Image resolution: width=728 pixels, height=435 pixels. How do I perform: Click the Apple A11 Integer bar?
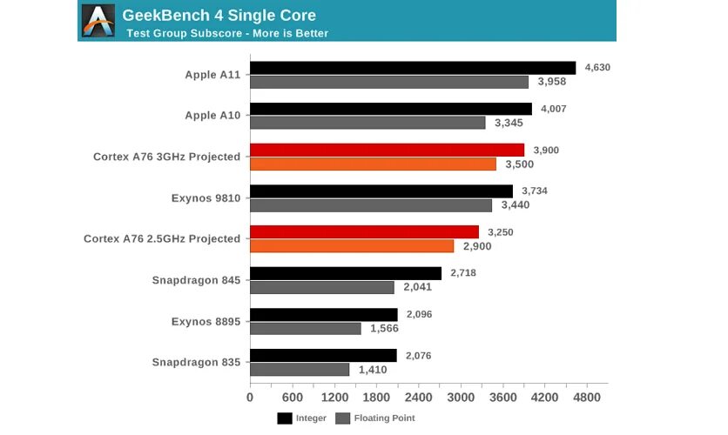coord(413,68)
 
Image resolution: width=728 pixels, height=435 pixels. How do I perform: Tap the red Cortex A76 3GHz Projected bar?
coord(388,150)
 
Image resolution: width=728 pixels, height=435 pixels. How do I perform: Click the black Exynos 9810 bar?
coord(381,191)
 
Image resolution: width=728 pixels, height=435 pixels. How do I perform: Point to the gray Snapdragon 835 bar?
coord(300,370)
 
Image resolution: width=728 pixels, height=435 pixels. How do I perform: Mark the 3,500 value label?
coord(521,164)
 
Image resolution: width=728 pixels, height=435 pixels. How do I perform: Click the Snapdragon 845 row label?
coord(196,280)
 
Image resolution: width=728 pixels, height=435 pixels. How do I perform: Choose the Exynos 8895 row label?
coord(206,321)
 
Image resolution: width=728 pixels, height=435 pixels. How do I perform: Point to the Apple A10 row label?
coord(212,116)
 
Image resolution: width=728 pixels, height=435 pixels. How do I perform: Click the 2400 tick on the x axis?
coord(419,398)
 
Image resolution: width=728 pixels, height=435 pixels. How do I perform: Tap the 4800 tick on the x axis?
coord(587,398)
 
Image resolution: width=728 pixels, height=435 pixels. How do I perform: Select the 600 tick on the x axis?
coord(292,398)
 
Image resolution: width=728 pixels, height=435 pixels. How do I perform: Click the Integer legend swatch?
coord(285,418)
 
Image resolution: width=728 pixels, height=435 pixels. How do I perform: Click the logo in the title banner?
coord(98,21)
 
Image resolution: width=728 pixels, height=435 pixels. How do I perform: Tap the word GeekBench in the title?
coord(165,15)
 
